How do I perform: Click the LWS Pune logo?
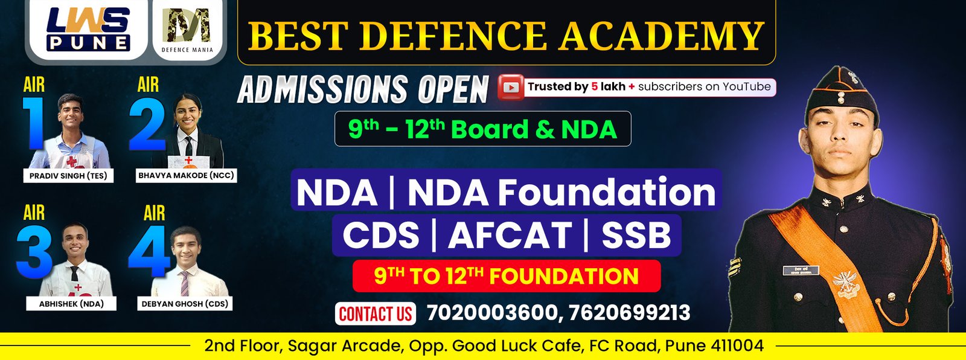tap(88, 28)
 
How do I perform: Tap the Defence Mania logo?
tap(188, 28)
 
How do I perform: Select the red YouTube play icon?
tap(510, 87)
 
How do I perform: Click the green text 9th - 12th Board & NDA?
tap(482, 129)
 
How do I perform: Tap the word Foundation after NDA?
tap(606, 193)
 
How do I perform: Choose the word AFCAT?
tap(510, 236)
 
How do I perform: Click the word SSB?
tap(636, 236)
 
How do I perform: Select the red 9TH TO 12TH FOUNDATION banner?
tap(506, 276)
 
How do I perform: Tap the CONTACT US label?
tap(375, 314)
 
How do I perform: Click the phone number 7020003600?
tap(491, 313)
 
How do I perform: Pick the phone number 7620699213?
tap(629, 313)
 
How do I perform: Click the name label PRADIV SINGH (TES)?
tap(68, 176)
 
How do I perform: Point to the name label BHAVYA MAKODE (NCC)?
tap(186, 175)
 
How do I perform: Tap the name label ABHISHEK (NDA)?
tap(71, 304)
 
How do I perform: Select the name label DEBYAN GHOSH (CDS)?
tap(185, 304)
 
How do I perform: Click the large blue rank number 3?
tap(34, 252)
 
